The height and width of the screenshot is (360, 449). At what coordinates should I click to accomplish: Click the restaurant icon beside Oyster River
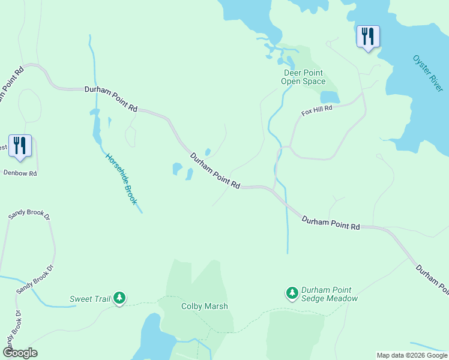pyautogui.click(x=367, y=37)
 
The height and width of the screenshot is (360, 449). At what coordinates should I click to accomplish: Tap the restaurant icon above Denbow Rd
pyautogui.click(x=20, y=146)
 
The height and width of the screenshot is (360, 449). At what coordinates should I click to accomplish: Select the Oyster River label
pyautogui.click(x=428, y=74)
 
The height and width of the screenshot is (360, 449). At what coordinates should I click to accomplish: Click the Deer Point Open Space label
pyautogui.click(x=304, y=77)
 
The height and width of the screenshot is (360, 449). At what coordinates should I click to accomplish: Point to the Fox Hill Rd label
pyautogui.click(x=316, y=112)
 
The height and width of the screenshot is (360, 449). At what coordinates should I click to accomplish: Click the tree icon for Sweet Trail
pyautogui.click(x=119, y=298)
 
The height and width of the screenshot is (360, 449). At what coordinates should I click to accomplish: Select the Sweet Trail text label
pyautogui.click(x=89, y=298)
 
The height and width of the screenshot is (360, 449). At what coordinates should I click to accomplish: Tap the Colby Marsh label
pyautogui.click(x=205, y=306)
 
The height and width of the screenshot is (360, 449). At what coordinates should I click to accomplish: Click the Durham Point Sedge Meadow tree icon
pyautogui.click(x=292, y=293)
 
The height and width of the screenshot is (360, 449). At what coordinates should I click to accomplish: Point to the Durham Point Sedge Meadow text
pyautogui.click(x=330, y=294)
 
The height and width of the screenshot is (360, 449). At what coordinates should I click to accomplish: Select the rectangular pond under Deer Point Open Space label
pyautogui.click(x=330, y=97)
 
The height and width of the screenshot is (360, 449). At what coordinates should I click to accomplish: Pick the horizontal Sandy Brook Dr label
pyautogui.click(x=29, y=214)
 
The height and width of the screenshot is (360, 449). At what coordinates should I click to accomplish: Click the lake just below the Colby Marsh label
pyautogui.click(x=150, y=336)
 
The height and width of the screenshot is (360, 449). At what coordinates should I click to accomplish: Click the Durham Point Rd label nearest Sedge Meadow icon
pyautogui.click(x=330, y=223)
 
